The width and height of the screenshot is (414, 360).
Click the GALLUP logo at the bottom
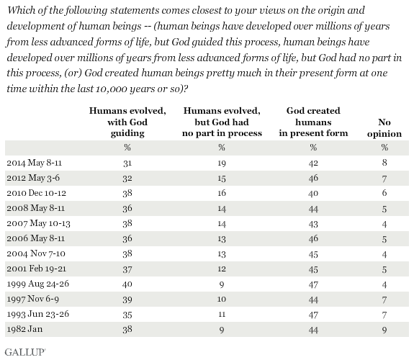(25, 352)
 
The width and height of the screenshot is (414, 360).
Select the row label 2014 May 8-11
(35, 163)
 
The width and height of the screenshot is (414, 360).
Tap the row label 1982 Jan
(24, 329)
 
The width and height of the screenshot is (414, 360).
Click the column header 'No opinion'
(384, 128)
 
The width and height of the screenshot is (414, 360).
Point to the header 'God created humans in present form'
(313, 122)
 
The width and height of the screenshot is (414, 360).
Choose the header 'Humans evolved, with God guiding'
(127, 122)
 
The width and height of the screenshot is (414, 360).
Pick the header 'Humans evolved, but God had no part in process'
(222, 122)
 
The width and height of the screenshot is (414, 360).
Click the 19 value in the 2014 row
(222, 163)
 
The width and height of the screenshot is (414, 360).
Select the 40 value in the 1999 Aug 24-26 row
(127, 284)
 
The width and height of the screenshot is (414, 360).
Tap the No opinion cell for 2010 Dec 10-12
(384, 193)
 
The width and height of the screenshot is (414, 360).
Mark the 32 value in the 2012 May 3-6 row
(127, 179)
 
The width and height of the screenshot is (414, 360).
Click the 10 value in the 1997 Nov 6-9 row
(222, 300)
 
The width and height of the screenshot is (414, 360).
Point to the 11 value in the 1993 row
(222, 315)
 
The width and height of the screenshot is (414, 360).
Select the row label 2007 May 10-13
(39, 223)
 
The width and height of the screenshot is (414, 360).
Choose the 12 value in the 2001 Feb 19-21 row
(222, 269)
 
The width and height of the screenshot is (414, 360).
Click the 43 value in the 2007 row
(313, 224)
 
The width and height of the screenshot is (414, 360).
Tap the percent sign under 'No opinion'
(384, 147)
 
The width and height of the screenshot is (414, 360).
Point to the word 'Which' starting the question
(19, 10)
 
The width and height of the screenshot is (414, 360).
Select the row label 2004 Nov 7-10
(36, 253)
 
